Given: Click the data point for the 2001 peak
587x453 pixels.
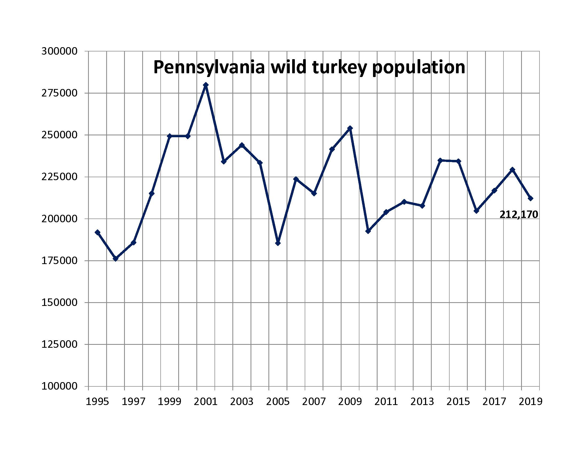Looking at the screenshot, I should [x=206, y=85].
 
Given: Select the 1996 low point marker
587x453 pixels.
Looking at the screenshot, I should [x=116, y=258].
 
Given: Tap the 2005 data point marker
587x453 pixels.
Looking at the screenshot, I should [x=278, y=243].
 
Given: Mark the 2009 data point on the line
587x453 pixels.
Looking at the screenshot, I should [x=350, y=128].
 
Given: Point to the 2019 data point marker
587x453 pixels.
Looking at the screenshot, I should [x=530, y=198].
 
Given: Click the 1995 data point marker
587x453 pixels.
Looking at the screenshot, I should [x=98, y=232].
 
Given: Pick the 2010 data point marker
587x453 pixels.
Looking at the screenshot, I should [x=368, y=231].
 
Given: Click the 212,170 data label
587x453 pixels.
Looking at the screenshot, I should [x=518, y=215].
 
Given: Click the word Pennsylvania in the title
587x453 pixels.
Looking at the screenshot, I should [x=209, y=67].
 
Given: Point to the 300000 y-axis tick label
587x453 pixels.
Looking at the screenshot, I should [x=60, y=51].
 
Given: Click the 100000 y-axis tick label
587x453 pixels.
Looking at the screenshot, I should [x=60, y=386].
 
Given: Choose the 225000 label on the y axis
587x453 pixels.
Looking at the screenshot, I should [x=60, y=177].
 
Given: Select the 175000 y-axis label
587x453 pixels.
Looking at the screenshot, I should [x=60, y=261].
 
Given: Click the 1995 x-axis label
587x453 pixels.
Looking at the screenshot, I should [x=97, y=402].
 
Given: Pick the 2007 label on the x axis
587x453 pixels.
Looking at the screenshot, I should [x=314, y=402].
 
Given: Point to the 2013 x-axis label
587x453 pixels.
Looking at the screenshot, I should [x=422, y=402].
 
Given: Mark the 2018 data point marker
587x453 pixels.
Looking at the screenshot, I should [x=512, y=169].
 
